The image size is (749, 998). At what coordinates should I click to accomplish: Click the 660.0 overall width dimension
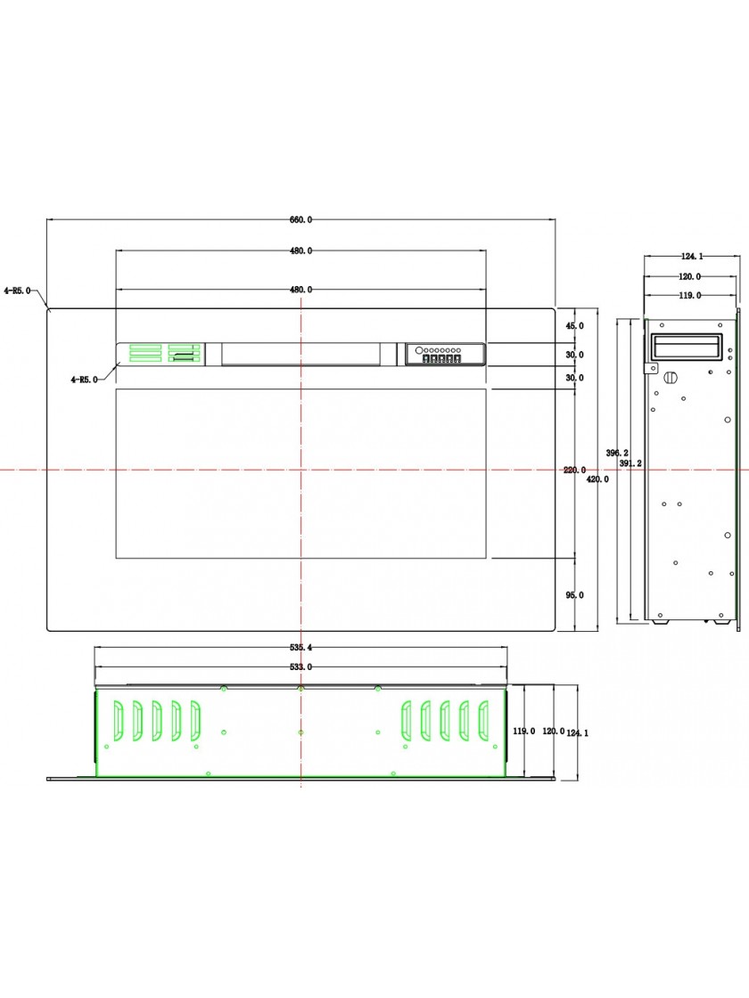tap(301, 220)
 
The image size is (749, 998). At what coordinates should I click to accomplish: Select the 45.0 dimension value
tap(574, 326)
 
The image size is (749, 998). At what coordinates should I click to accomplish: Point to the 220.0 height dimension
tap(574, 470)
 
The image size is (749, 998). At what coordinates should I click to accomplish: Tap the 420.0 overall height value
tap(597, 479)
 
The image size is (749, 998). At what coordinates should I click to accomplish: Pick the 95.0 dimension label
tap(574, 596)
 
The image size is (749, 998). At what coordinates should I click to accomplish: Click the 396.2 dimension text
tap(616, 454)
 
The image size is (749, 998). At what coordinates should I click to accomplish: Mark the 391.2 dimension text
tap(630, 463)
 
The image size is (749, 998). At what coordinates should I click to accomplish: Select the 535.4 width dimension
tap(301, 647)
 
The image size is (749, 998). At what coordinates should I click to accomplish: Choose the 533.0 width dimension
tap(301, 667)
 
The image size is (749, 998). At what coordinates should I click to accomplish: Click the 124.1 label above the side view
tap(692, 257)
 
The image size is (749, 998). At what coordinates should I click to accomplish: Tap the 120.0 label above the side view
tap(690, 277)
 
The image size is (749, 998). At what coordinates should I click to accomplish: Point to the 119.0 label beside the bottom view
tap(524, 732)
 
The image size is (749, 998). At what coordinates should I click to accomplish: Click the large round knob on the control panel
tap(419, 350)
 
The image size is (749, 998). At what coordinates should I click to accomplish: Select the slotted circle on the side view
tap(670, 377)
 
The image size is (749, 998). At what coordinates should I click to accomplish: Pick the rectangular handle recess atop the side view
tap(686, 347)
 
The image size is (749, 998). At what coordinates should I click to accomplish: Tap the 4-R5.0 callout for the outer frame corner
tap(17, 290)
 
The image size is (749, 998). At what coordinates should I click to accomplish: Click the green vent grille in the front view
tap(165, 353)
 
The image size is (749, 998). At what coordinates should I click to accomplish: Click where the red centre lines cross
tap(300, 470)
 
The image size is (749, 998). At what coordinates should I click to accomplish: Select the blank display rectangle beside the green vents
tap(301, 354)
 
